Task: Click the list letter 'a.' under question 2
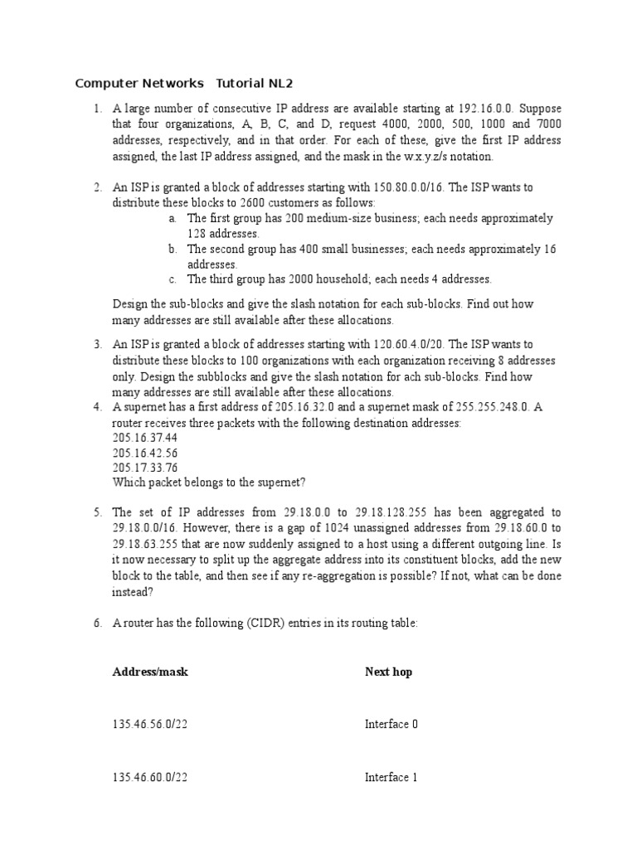click(172, 218)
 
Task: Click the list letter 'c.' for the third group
click(172, 279)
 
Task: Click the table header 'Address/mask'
click(150, 672)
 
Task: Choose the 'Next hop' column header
click(388, 672)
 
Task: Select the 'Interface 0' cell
click(391, 725)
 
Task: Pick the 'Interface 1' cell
click(391, 778)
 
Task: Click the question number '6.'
click(97, 623)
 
